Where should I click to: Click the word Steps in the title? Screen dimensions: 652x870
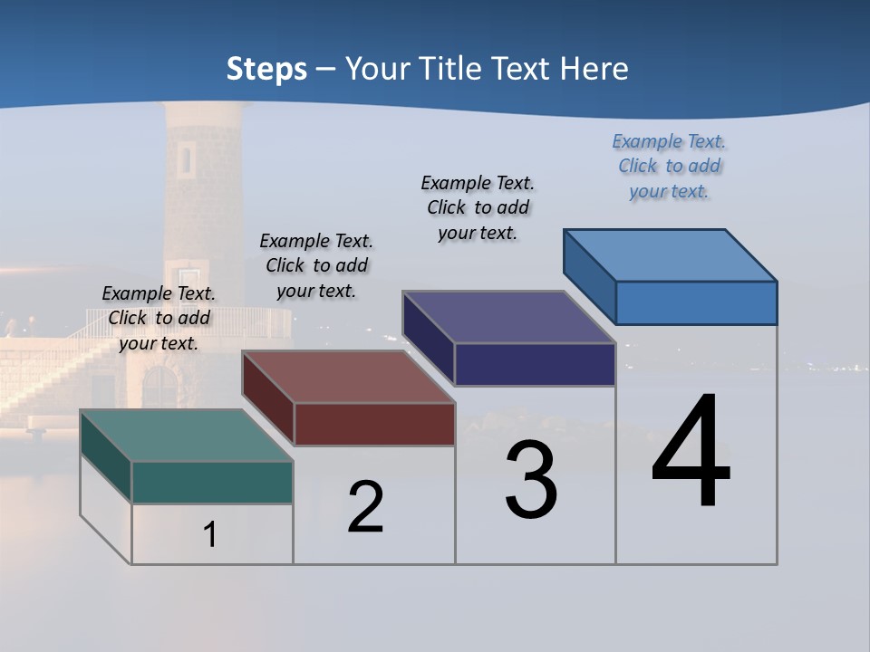coord(266,69)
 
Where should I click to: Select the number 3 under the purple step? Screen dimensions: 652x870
coord(531,480)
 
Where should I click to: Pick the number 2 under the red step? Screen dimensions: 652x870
coord(365,507)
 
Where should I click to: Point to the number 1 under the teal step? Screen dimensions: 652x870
coord(209,534)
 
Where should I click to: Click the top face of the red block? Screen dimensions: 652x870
coord(348,377)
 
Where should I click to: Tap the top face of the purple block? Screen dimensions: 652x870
coord(508,317)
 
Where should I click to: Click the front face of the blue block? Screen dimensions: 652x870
coord(696,302)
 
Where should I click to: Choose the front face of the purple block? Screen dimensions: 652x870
coord(535,364)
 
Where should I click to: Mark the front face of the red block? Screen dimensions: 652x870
coord(374,424)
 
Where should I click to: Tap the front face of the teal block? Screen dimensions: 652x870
coord(212,482)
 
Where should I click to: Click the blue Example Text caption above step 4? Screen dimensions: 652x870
coord(669,166)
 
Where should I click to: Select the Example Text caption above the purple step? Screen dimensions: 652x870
coord(478,207)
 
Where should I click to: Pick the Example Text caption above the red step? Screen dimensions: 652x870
coord(316,265)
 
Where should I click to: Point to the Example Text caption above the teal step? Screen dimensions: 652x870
coord(159,318)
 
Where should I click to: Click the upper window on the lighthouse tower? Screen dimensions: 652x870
coord(186,158)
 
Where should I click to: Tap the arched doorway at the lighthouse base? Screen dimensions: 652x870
coord(159,388)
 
